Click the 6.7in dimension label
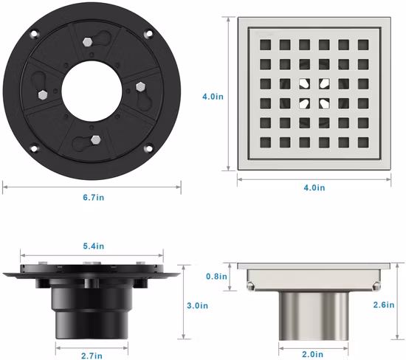[94, 198]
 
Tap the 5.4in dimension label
[94, 246]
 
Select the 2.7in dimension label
[92, 356]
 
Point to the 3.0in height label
[198, 305]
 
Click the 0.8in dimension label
[216, 277]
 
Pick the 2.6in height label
[384, 305]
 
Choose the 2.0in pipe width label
[313, 354]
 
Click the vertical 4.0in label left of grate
[213, 97]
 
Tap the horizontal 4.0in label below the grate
[314, 187]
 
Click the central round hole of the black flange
[92, 91]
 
